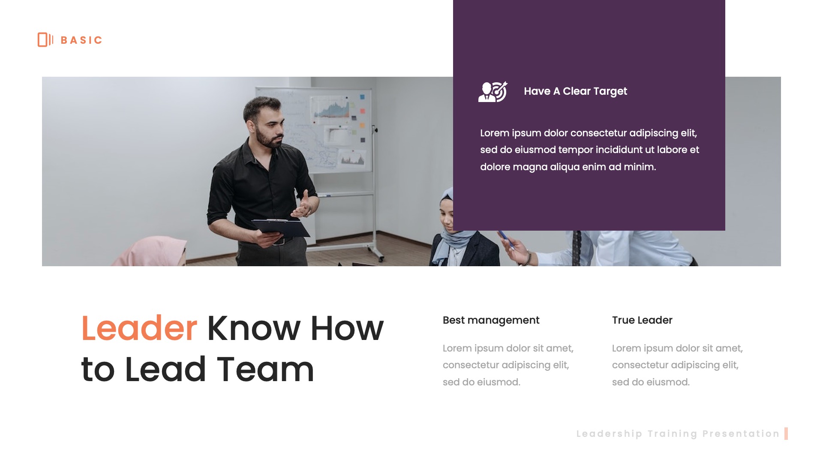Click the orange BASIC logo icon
point(45,40)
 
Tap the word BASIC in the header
point(81,40)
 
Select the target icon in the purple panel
point(493,92)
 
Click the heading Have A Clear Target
point(575,91)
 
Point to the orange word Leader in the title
point(139,328)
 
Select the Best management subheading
point(491,320)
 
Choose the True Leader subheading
point(642,320)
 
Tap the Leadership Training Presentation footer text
point(678,434)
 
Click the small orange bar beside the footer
point(786,434)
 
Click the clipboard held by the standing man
point(281,227)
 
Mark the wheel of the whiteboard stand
point(381,259)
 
